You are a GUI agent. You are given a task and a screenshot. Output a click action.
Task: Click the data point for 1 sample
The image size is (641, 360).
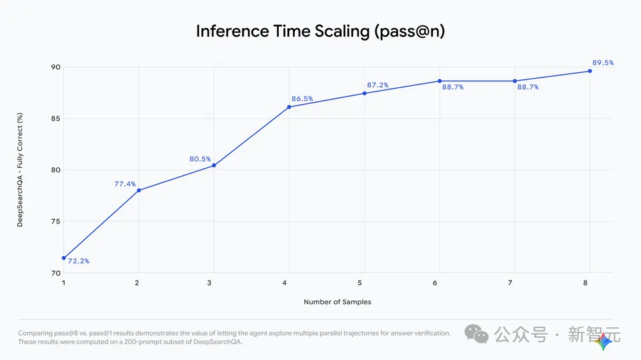[x=63, y=258]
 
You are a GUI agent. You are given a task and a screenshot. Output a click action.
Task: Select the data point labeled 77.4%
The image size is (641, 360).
[x=139, y=190]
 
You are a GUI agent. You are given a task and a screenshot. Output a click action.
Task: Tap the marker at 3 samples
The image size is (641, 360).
[x=214, y=165]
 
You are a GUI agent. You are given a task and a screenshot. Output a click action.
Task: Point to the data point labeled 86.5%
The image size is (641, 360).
[x=290, y=107]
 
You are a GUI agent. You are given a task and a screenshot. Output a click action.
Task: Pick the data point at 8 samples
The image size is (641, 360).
[x=590, y=71]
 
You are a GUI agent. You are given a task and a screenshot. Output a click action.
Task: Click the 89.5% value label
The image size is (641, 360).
[x=603, y=63]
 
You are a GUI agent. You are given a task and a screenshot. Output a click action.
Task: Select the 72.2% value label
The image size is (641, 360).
[x=78, y=261]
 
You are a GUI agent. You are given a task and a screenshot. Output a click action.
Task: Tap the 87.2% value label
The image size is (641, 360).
[x=378, y=85]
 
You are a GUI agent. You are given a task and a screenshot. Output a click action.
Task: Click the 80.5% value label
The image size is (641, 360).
[x=200, y=159]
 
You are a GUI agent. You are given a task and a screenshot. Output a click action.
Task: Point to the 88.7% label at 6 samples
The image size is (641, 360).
[x=453, y=87]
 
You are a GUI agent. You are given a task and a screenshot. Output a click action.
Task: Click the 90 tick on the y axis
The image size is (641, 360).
[x=56, y=67]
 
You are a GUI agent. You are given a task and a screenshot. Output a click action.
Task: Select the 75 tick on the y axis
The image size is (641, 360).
[x=56, y=222]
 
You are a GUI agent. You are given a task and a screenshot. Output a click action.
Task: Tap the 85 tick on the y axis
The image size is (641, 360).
[x=56, y=119]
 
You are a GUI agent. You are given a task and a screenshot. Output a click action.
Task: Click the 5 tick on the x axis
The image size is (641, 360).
[x=360, y=282]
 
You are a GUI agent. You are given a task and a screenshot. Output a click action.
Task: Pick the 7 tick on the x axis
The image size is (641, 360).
[x=510, y=282]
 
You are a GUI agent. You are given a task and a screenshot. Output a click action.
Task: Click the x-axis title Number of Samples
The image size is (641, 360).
[x=337, y=302]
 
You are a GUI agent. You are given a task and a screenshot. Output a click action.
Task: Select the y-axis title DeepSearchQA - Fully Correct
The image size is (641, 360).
[x=20, y=170]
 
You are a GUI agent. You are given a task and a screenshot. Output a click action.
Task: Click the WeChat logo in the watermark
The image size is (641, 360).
[x=477, y=334]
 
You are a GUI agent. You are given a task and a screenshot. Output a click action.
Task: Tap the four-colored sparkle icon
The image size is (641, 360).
[x=603, y=341]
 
